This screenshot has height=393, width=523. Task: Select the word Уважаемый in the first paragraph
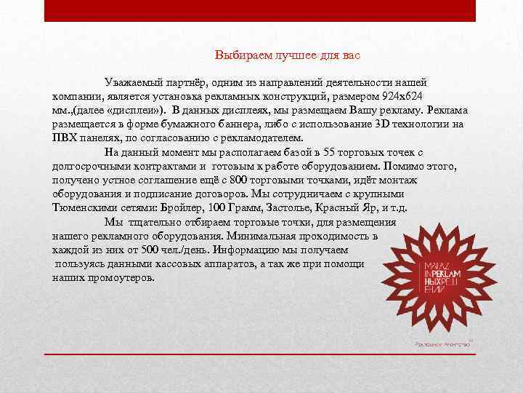(x=132, y=83)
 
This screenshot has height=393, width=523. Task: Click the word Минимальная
(x=261, y=236)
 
